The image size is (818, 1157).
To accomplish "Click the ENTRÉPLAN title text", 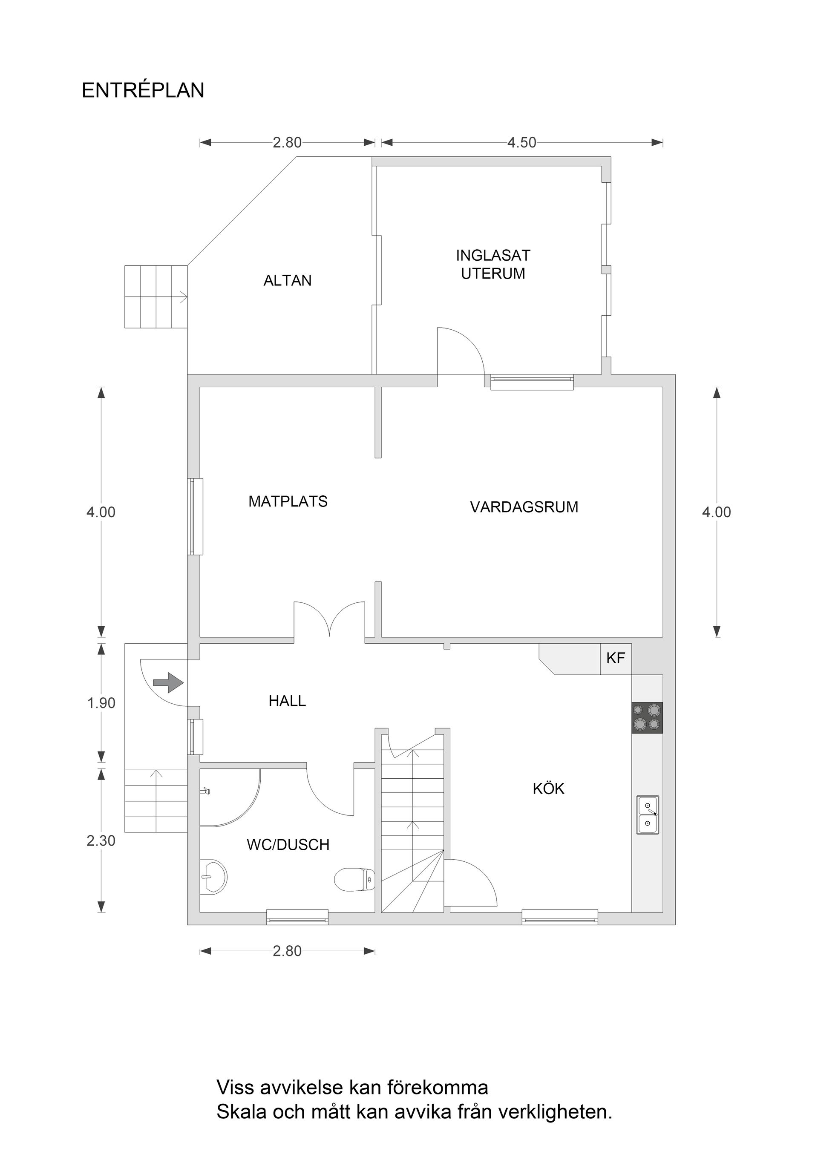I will pos(143,91).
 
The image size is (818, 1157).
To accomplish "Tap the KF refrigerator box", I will pos(615,658).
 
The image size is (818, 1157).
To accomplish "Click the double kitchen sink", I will pos(647,815).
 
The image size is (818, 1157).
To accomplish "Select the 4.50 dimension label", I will pos(521,143).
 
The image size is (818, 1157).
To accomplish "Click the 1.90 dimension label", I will pos(101,703).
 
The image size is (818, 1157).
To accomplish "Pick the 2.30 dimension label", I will pos(101,840).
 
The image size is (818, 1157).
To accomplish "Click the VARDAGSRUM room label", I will pos(524,507).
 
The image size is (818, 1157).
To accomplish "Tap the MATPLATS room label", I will pos(288,501).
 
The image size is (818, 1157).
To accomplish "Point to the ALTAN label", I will pos(287,281).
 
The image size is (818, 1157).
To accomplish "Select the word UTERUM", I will pos(493,273).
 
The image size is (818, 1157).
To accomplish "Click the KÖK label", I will pos(548,789).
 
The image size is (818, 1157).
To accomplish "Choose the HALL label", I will pos(287,701).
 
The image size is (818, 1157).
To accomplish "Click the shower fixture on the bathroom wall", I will pos(205,791).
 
